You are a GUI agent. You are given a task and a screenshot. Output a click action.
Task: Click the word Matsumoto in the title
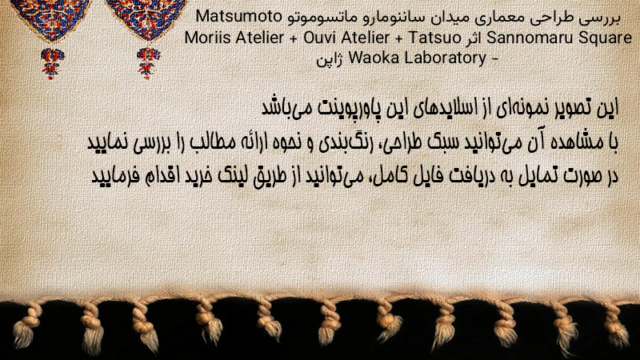click(x=238, y=17)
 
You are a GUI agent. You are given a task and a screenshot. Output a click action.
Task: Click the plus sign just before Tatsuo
click(x=399, y=38)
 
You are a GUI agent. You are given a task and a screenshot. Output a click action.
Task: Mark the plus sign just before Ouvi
click(x=294, y=38)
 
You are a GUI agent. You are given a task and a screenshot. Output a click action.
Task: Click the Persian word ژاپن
click(x=329, y=59)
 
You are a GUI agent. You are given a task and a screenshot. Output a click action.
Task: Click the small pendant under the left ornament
click(x=52, y=63)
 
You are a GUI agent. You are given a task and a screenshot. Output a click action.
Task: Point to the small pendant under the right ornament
click(x=148, y=63)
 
